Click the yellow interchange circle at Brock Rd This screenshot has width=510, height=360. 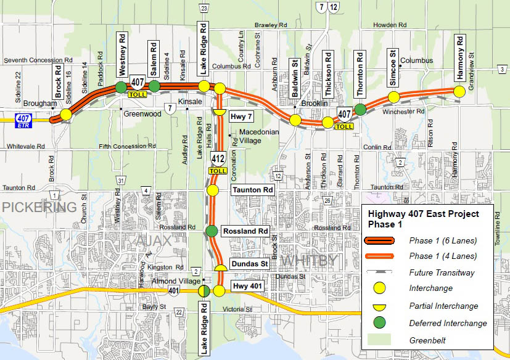(65, 114)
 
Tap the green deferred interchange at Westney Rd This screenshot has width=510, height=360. (121, 88)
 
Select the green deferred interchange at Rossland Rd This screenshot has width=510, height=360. (212, 231)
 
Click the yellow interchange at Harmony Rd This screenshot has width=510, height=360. (459, 92)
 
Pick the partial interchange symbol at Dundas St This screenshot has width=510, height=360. (221, 268)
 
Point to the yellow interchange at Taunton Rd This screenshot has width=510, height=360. (212, 190)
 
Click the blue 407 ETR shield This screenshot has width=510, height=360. (23, 118)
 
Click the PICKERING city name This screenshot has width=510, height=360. (39, 207)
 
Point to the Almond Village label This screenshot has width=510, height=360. (173, 281)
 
